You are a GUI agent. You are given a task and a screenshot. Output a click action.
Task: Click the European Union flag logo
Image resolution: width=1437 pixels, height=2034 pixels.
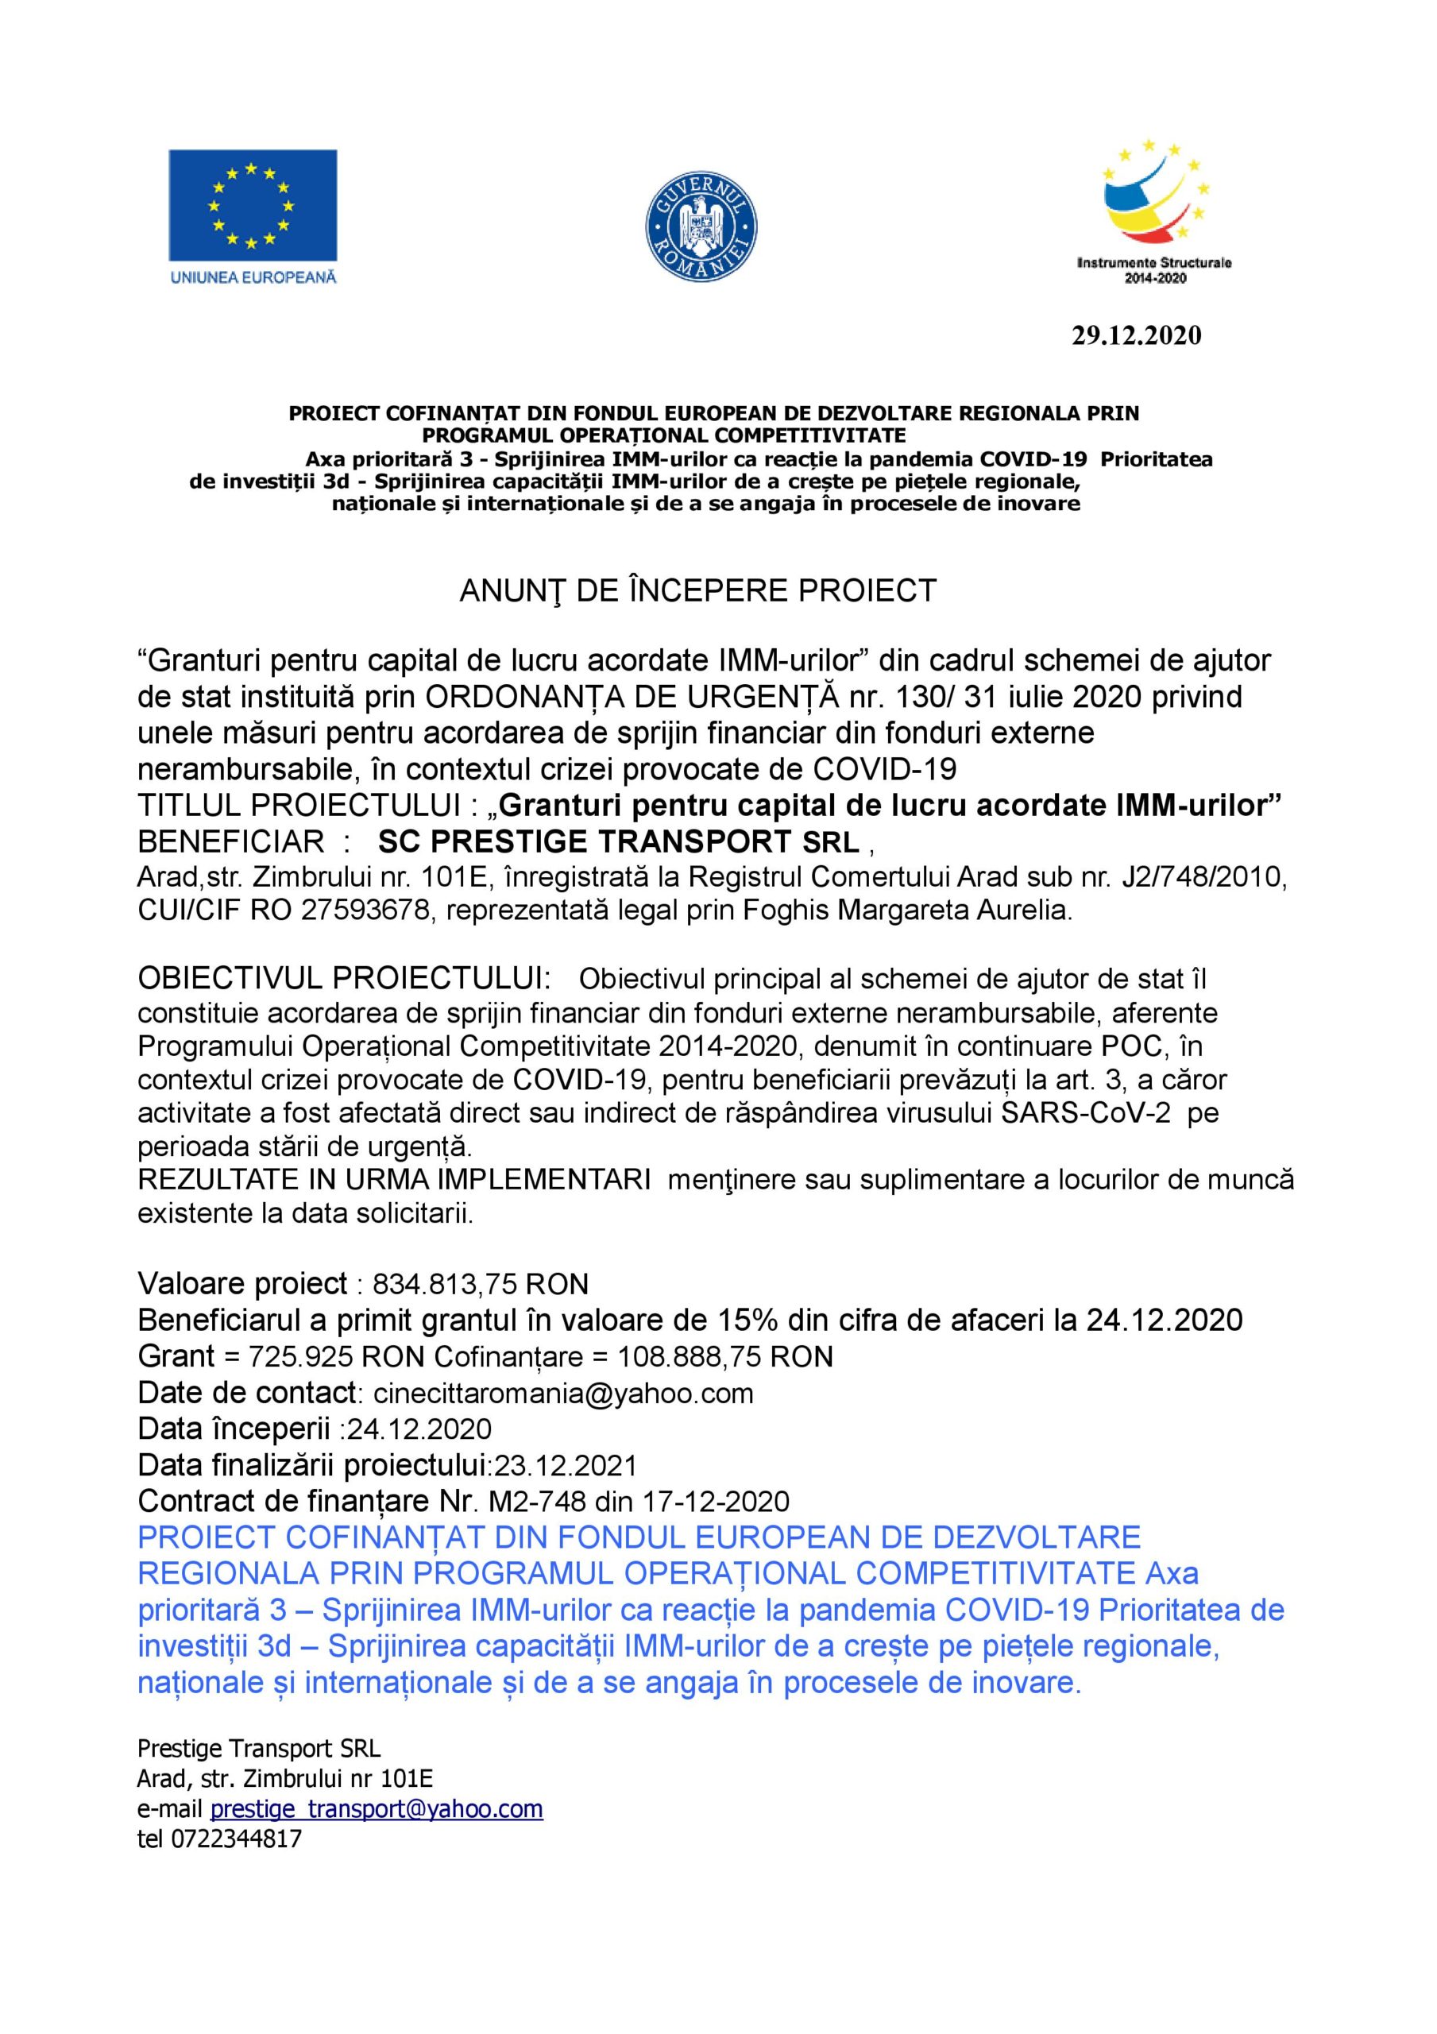(x=253, y=205)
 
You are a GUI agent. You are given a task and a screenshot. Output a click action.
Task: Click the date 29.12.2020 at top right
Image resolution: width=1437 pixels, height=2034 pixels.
(x=1137, y=337)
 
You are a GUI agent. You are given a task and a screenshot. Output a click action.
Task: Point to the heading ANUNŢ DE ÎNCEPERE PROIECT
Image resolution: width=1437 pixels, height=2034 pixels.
(x=697, y=591)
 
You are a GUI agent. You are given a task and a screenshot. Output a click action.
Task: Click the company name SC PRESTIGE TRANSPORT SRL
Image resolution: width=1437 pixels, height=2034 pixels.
(x=618, y=840)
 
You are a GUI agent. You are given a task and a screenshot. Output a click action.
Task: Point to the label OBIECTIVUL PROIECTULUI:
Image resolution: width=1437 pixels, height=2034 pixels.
(x=344, y=979)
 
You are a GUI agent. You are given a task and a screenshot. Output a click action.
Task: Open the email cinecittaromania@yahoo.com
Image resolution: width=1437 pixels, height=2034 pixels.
(x=562, y=1393)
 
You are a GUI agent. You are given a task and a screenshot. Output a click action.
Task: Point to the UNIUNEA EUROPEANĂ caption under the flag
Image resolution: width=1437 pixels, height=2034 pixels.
(x=253, y=276)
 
